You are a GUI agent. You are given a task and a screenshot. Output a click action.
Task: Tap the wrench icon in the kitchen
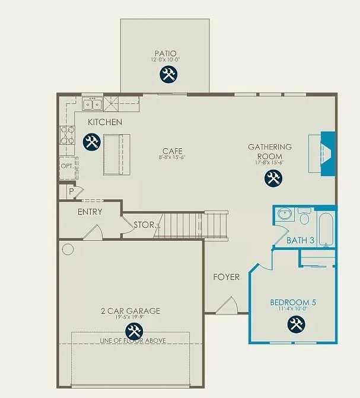click(91, 142)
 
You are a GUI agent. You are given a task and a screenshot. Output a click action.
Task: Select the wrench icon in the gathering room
click(273, 177)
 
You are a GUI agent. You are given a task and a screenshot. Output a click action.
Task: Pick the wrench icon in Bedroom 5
click(295, 324)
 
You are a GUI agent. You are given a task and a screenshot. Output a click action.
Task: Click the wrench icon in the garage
click(134, 331)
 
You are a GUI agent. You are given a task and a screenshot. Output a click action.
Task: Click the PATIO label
click(165, 53)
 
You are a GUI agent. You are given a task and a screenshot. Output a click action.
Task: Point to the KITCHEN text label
click(105, 122)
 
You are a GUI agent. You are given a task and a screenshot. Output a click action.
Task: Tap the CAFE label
click(173, 151)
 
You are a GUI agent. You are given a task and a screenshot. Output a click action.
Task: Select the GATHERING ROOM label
click(270, 151)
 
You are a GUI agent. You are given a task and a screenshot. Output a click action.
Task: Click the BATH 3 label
click(300, 240)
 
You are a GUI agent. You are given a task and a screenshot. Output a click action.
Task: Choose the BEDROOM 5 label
click(293, 303)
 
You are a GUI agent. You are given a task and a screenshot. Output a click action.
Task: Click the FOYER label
click(227, 277)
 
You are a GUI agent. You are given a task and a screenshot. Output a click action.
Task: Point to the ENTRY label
click(90, 212)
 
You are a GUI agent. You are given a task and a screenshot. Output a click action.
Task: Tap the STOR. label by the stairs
click(144, 225)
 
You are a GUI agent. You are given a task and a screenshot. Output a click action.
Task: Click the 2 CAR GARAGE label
click(130, 311)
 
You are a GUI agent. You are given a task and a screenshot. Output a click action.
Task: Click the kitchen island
click(116, 154)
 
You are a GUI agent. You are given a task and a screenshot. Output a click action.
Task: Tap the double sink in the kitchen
click(93, 105)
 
